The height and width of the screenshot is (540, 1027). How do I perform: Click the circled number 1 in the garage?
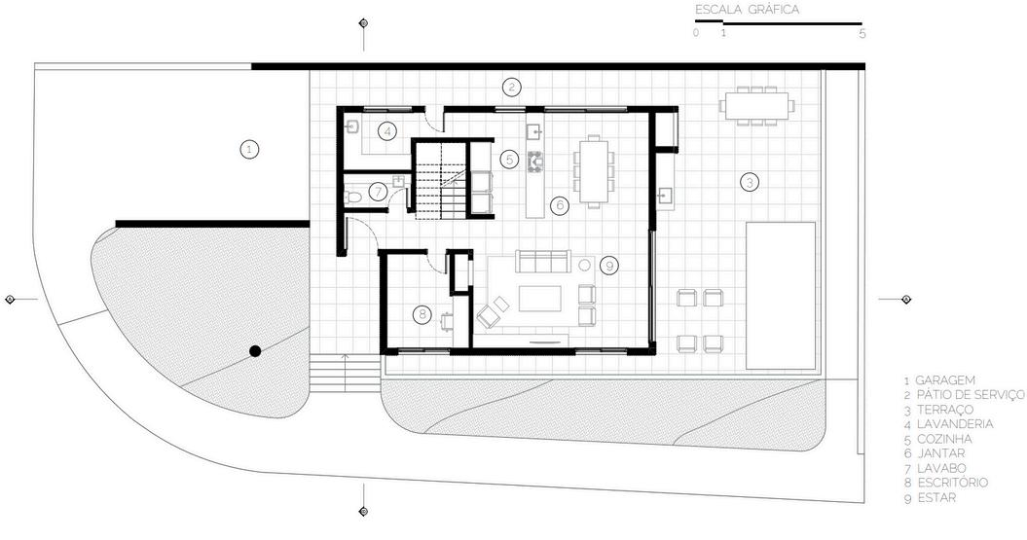point(250,150)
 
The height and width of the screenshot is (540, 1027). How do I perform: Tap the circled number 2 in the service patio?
point(512,87)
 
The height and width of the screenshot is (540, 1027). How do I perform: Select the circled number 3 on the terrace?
point(749,181)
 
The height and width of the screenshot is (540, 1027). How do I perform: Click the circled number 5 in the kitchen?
point(509,158)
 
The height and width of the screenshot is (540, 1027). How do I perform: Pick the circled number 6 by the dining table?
point(559,205)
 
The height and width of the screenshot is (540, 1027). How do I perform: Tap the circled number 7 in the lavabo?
point(377,192)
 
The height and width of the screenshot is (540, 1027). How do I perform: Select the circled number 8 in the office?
point(422,314)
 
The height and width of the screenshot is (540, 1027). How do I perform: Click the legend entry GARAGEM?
point(945,380)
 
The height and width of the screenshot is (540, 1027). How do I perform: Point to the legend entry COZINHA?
point(945,439)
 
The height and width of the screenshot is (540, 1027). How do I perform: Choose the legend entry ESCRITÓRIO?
point(952,483)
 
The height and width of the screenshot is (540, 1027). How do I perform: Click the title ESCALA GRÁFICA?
point(747,10)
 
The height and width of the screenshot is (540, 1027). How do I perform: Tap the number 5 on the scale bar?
point(862,33)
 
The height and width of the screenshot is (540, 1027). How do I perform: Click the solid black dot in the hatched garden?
point(254,351)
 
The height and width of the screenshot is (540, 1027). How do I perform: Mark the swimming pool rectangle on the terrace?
point(781,295)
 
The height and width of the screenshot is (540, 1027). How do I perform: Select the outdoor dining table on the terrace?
point(756,104)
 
